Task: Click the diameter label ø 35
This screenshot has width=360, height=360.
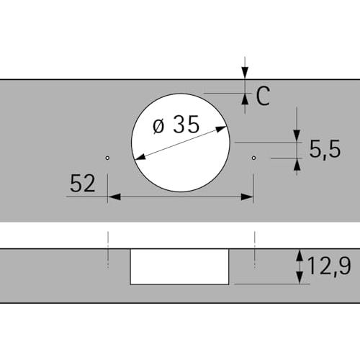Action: (x=176, y=125)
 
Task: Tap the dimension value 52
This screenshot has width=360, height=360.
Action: (x=83, y=184)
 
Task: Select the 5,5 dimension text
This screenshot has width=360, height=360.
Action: (x=325, y=149)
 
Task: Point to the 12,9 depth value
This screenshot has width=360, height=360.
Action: (x=329, y=266)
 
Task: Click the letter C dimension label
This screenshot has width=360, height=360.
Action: (x=263, y=96)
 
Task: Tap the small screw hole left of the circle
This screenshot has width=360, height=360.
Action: (x=107, y=158)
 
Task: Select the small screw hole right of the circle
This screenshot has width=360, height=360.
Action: (x=253, y=158)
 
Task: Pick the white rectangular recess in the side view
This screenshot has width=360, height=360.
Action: (x=179, y=266)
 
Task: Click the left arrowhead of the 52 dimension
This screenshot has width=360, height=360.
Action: (x=114, y=197)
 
